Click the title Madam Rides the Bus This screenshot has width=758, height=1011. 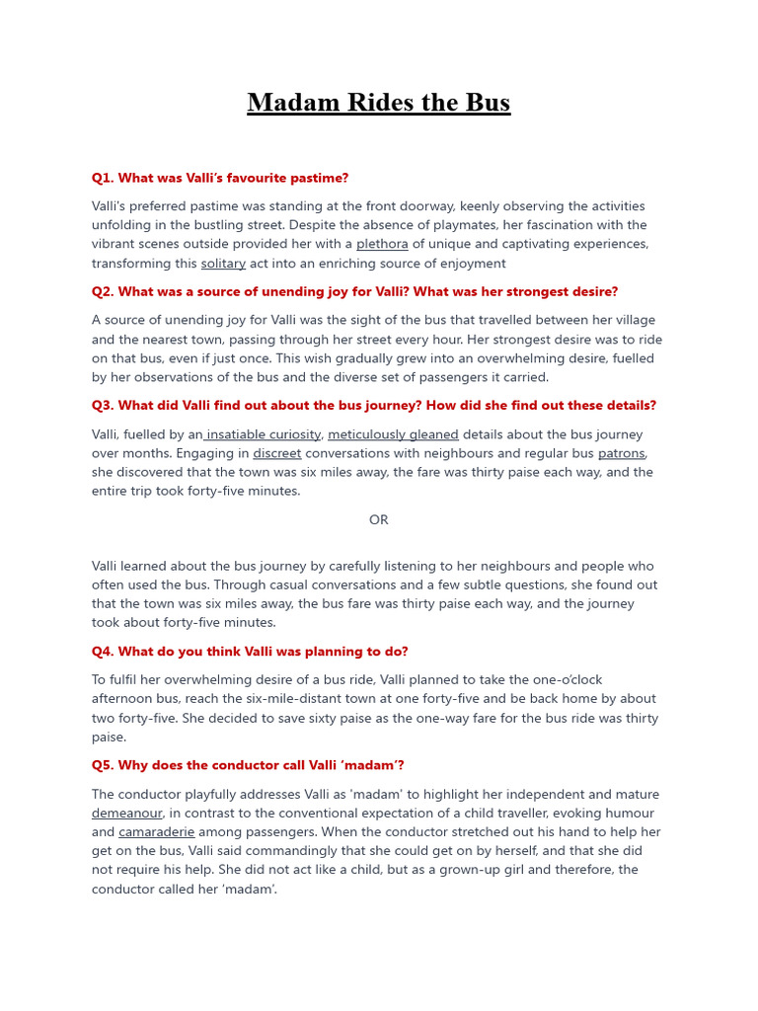378,103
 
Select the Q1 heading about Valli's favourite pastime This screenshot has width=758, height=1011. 220,178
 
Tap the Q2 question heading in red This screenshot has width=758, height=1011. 354,291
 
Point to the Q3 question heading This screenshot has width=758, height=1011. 373,405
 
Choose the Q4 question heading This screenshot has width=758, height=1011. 250,651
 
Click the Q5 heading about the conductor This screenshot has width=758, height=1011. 248,765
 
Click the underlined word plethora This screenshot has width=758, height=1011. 382,244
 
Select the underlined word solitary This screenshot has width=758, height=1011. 223,264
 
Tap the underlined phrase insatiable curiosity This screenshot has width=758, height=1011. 264,434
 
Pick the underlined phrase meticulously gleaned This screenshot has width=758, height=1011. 393,434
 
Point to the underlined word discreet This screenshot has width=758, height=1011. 277,453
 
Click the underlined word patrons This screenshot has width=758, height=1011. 622,453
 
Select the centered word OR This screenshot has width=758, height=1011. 378,519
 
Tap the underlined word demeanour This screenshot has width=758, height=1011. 127,814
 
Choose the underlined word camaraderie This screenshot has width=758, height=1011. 157,832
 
